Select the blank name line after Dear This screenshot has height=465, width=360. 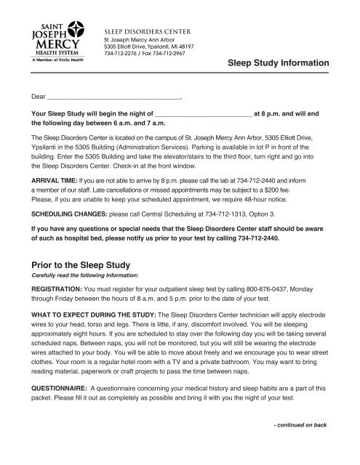113,95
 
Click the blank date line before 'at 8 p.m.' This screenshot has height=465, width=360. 203,114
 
